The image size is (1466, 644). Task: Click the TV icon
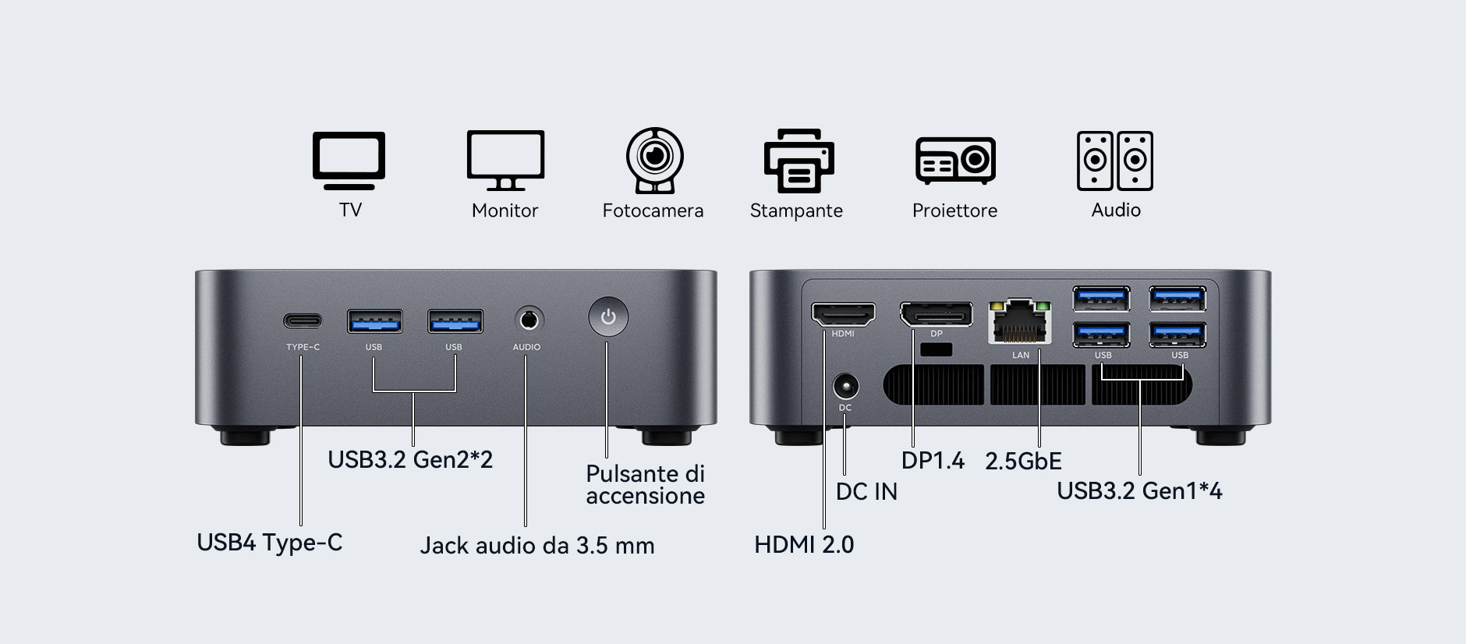tap(349, 160)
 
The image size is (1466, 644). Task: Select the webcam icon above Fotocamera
tap(654, 161)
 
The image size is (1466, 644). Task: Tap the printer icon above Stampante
tap(799, 161)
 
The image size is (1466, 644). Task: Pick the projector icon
tap(955, 161)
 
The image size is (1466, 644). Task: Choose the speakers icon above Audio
tap(1114, 161)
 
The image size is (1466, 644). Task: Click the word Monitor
tap(505, 211)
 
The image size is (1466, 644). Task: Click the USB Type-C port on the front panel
tap(302, 321)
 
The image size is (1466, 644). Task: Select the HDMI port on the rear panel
tap(843, 313)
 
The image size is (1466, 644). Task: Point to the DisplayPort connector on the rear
tap(936, 314)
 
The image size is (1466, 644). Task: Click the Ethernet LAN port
tap(1019, 321)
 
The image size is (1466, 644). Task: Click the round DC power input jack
tap(845, 387)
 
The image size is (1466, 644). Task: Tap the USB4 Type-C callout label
tap(269, 543)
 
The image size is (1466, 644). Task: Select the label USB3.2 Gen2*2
tap(410, 460)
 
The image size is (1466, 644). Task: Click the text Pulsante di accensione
tap(645, 485)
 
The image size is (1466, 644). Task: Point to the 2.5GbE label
tap(1023, 462)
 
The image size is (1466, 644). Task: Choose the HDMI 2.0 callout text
tap(804, 545)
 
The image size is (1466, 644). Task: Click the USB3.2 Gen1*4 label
tap(1139, 491)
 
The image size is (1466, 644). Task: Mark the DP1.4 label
tap(933, 461)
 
